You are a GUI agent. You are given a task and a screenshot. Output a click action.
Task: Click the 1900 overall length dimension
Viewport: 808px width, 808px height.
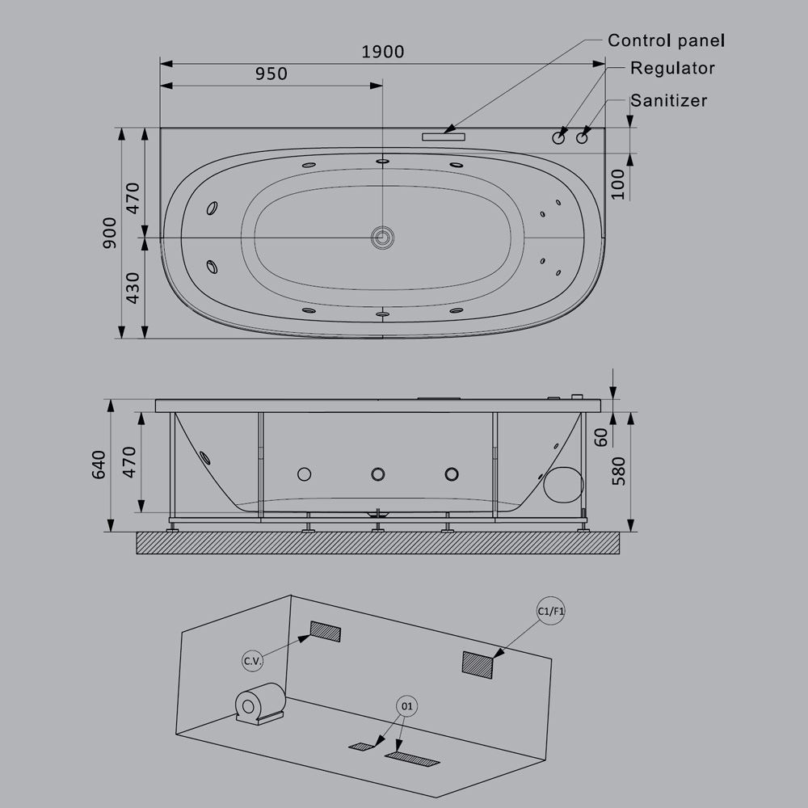point(382,52)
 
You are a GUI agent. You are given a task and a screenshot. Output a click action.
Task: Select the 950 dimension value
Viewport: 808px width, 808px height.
point(271,74)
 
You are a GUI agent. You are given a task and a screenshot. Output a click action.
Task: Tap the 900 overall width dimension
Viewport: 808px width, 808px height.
point(109,233)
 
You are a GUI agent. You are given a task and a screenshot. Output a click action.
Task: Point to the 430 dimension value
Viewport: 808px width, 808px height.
point(133,287)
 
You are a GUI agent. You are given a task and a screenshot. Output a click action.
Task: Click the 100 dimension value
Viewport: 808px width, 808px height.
point(618,184)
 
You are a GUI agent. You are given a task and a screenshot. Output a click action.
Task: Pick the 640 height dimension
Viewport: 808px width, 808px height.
point(99,465)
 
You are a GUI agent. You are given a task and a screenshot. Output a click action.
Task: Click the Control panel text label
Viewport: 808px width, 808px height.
point(666,40)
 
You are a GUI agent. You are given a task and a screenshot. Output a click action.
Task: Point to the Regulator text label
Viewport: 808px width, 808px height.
point(672,68)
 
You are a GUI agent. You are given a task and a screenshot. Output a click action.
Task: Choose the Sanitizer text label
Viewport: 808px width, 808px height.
point(669,100)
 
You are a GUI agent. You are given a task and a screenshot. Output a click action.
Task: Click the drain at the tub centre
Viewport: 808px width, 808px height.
point(381,237)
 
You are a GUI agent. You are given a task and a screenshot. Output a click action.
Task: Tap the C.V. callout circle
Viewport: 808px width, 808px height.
point(253,661)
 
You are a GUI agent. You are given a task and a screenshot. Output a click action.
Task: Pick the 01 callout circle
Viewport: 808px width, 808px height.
point(406,706)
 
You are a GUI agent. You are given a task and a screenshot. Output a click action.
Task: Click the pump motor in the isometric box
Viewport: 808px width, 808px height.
point(259,702)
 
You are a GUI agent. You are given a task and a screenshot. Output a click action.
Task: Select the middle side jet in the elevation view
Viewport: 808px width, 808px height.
point(378,474)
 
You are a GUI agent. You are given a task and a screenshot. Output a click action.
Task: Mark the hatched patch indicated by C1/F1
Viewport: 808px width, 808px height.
point(477,663)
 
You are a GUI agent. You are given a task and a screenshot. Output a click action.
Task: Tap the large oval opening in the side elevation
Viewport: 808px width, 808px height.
point(563,483)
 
